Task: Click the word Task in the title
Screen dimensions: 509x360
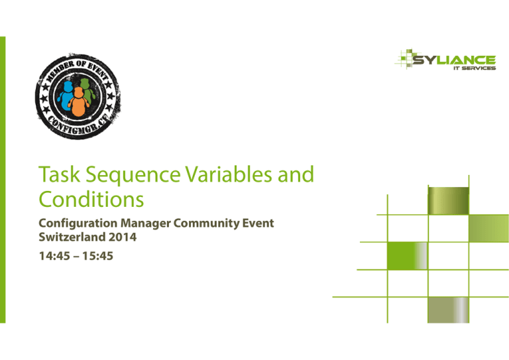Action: tap(60, 174)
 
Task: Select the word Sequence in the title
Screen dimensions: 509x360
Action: tap(133, 176)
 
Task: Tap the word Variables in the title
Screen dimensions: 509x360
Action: tap(229, 174)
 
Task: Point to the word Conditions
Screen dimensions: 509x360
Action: tap(91, 199)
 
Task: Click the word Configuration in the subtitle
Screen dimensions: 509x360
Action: tap(78, 223)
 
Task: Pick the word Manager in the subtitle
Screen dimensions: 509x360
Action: tap(146, 223)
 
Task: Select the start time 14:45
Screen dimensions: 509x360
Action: tap(54, 256)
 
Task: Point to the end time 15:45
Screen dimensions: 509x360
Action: tap(97, 256)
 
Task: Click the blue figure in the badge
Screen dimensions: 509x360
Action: tap(66, 95)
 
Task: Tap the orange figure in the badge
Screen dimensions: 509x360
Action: tap(78, 102)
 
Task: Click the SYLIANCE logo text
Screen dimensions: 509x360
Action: tap(454, 60)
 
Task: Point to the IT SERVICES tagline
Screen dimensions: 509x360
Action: tap(475, 68)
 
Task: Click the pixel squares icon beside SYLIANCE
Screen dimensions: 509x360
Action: tap(404, 58)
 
